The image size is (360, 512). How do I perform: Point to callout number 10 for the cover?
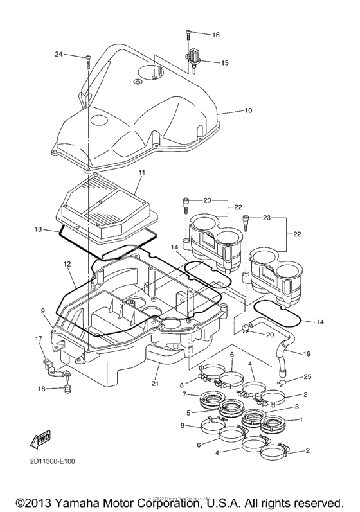tap(248, 110)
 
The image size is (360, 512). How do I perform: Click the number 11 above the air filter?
tap(141, 173)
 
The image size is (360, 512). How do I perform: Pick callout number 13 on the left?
tap(39, 229)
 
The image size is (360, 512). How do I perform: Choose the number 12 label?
tap(67, 264)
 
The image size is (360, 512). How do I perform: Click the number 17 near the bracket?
tap(39, 339)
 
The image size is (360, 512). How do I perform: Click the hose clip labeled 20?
tap(246, 331)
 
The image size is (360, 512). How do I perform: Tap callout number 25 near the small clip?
tap(307, 376)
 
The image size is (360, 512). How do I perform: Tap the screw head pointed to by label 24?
tap(86, 58)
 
